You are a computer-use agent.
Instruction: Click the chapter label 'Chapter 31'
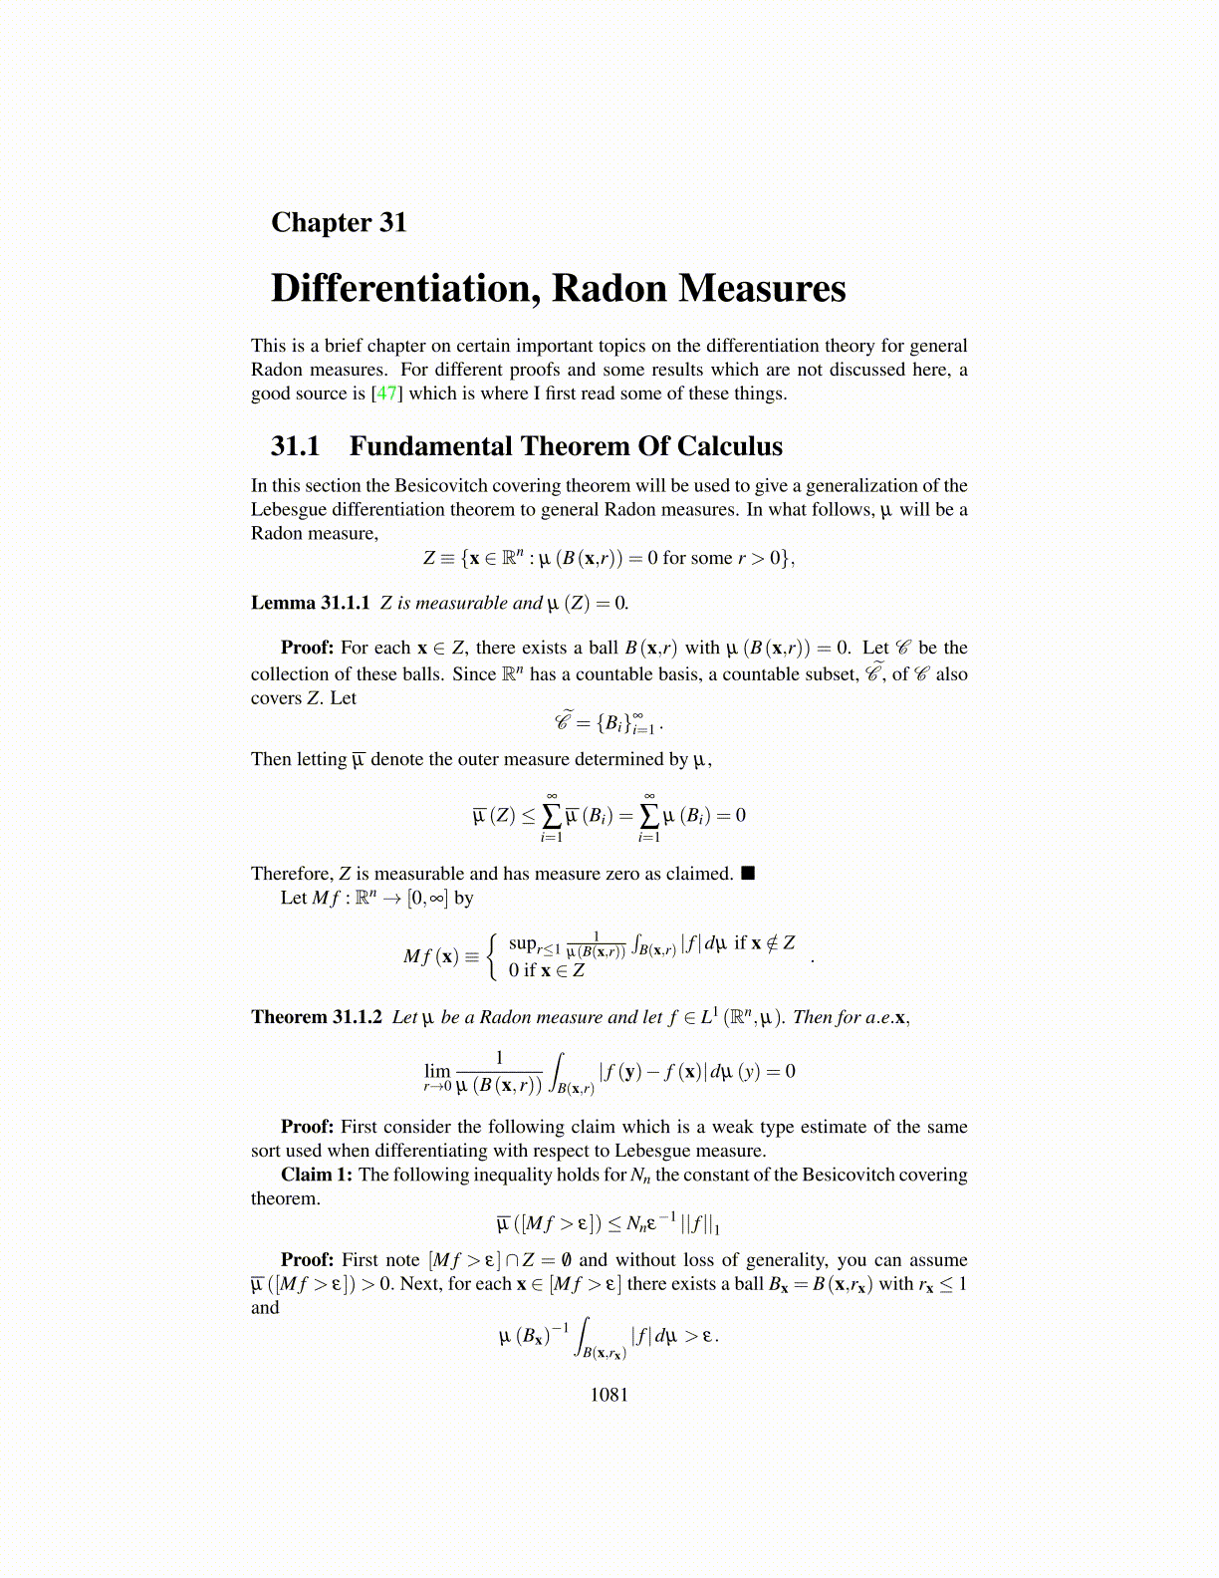[x=339, y=222]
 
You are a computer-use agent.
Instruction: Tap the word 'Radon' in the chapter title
[x=609, y=289]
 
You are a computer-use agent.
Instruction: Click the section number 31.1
[x=295, y=446]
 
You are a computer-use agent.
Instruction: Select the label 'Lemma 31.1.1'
[x=310, y=603]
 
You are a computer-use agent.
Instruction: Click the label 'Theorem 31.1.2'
[x=316, y=1017]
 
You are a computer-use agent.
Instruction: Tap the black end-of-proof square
[x=749, y=874]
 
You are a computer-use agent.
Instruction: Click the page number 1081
[x=609, y=1395]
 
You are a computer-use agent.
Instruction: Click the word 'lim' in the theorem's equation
[x=437, y=1071]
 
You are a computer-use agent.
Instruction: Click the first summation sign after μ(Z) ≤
[x=551, y=815]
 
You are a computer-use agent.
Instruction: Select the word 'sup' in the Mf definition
[x=522, y=942]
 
